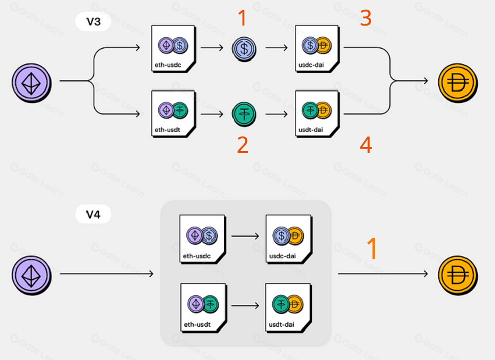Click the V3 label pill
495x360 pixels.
pos(93,22)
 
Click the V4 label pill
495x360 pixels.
pos(93,214)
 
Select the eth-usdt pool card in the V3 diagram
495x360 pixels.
pos(173,113)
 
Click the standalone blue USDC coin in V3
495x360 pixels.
pos(244,49)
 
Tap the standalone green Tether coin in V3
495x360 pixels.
pos(244,113)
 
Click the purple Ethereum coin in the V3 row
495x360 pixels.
pos(32,81)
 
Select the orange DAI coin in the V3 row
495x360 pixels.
pos(457,81)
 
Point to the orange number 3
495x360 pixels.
pos(365,18)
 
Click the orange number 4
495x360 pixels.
pos(365,145)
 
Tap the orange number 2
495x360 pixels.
pos(243,145)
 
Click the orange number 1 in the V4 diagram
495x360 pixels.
pos(372,249)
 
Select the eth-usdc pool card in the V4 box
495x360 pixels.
pos(202,238)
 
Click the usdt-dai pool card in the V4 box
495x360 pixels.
pos(288,307)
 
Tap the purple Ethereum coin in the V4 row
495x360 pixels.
pos(32,274)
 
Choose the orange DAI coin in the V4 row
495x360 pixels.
pos(457,274)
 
